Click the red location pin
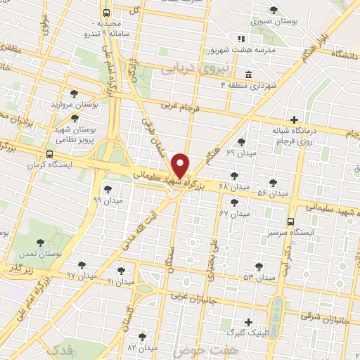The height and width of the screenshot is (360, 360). pos(180,166)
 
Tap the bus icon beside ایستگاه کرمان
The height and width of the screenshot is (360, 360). pos(49,154)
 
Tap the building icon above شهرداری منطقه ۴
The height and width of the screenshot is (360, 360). pos(247,75)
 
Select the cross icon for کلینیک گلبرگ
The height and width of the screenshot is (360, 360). pos(248,321)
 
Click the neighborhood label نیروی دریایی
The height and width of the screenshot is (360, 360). pos(186,70)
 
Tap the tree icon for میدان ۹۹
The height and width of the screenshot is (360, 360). pos(108,188)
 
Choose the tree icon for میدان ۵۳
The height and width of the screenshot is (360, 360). pos(259,266)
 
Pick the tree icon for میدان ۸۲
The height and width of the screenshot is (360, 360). pos(143,337)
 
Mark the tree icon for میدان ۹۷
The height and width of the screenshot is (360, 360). pos(82,264)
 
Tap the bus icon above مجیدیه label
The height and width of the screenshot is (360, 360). pos(106,13)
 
